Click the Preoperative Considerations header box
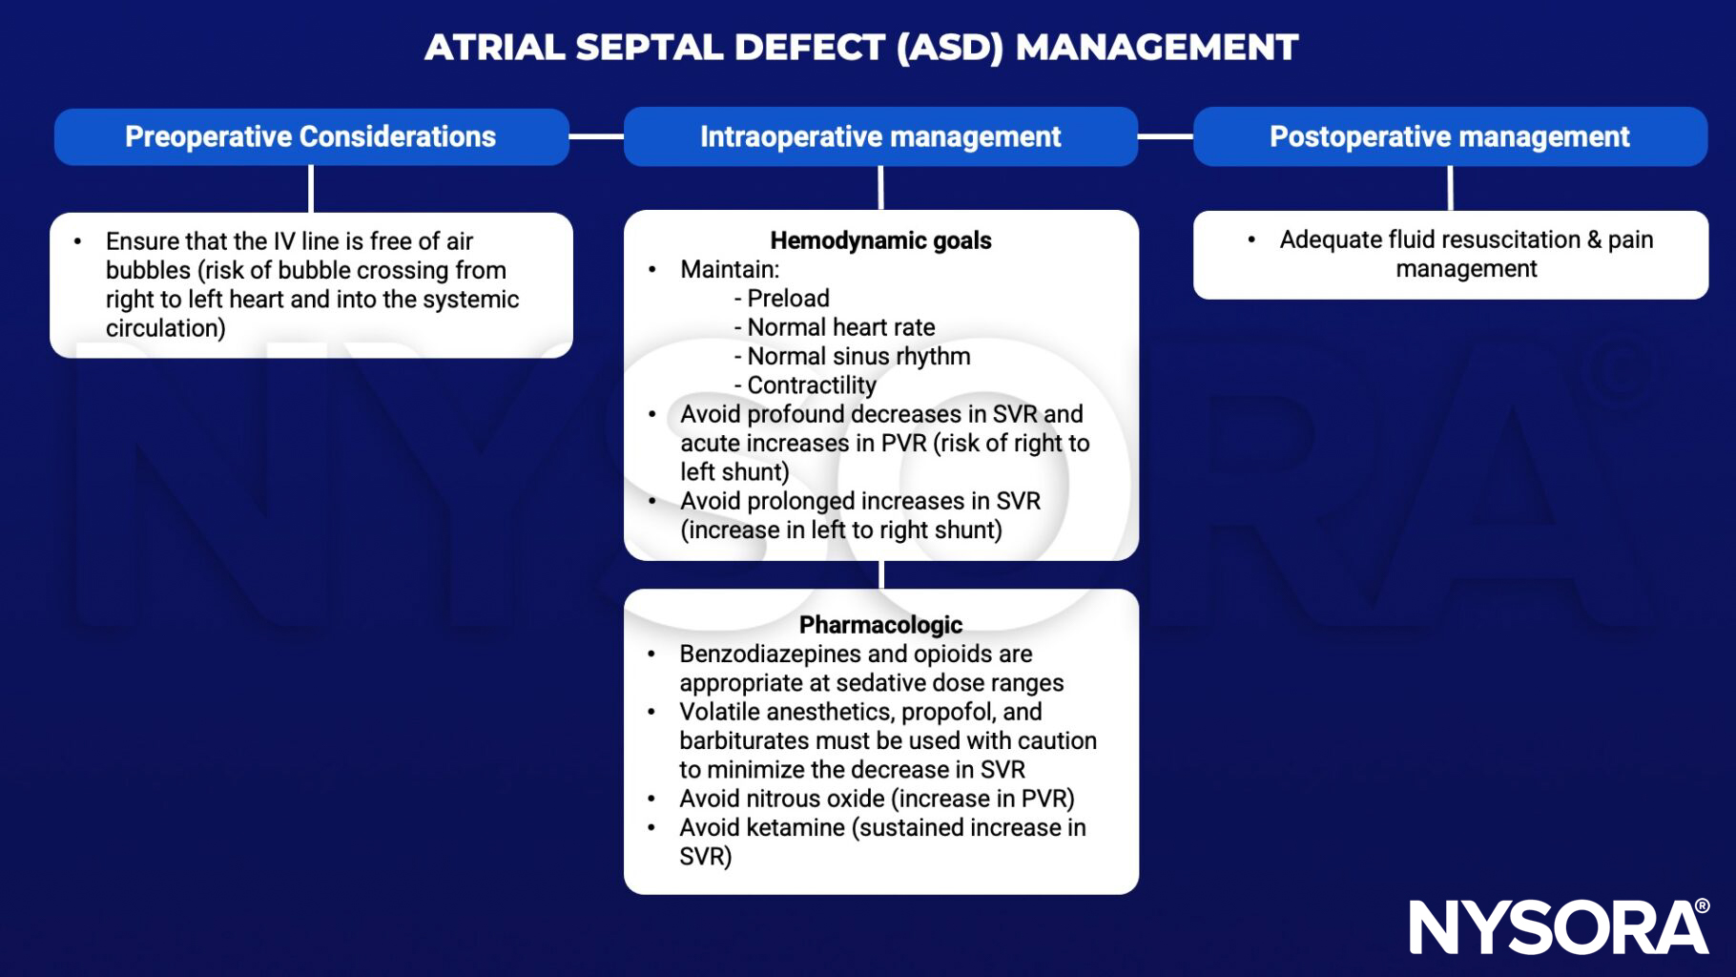coord(311,136)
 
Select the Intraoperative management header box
coord(880,136)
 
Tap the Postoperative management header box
coord(1450,136)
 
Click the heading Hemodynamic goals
coord(880,240)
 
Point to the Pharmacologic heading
coord(880,625)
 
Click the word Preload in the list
coord(788,299)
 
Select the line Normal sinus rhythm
coord(858,357)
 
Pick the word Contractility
coord(811,385)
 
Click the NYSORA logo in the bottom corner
coord(1559,926)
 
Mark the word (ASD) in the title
coord(950,47)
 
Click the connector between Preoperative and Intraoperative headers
coord(596,136)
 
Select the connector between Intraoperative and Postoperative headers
coord(1166,136)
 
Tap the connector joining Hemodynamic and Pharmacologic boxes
coord(880,574)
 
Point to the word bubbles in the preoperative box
coord(148,271)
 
